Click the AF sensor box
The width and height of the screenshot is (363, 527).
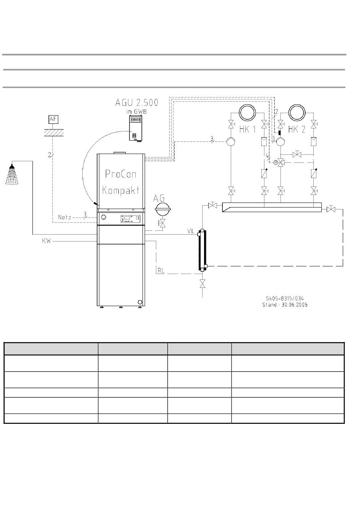coord(53,119)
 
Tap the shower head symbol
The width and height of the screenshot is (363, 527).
coord(12,175)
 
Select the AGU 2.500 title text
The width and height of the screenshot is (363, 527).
coord(137,102)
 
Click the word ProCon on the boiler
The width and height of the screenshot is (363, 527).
coord(121,174)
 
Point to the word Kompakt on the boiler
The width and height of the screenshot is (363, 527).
coord(121,190)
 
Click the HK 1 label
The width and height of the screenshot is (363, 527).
coord(247,129)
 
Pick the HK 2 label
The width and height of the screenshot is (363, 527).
coord(297,129)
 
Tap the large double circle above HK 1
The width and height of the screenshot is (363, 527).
coord(247,113)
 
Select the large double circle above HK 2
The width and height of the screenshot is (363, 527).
coord(297,113)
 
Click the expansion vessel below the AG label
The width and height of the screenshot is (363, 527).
coord(162,209)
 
